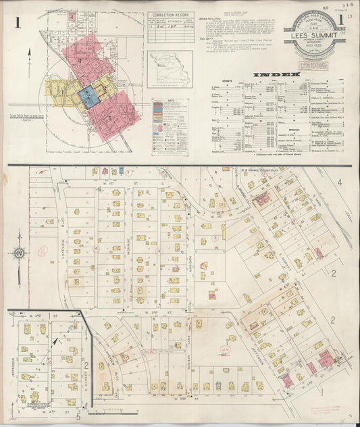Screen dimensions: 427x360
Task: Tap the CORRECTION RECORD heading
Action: (x=169, y=14)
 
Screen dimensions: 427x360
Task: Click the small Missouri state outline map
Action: (x=170, y=70)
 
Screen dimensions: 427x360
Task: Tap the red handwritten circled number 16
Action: (x=42, y=250)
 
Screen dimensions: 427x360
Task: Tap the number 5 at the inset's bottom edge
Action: (x=77, y=417)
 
